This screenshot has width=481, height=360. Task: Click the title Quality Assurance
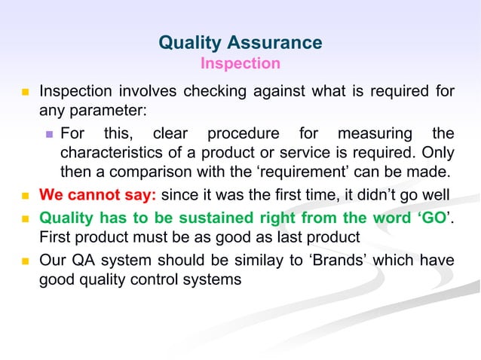(x=240, y=43)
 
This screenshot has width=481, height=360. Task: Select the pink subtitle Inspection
(x=240, y=63)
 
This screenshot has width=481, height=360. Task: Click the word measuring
(x=372, y=134)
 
